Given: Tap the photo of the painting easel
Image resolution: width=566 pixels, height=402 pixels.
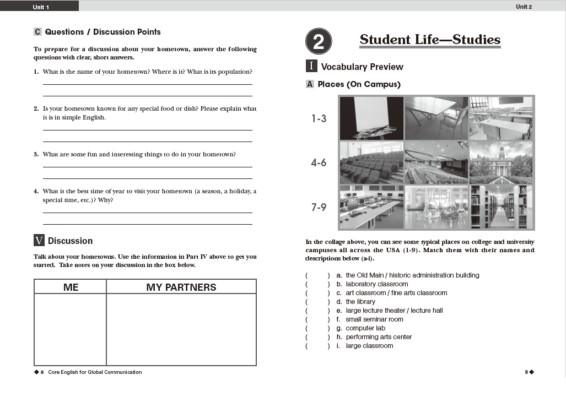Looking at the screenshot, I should pyautogui.click(x=371, y=118).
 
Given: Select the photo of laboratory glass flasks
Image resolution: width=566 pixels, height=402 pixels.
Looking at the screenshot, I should pyautogui.click(x=436, y=207).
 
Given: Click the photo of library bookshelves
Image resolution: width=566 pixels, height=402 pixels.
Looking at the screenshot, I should pyautogui.click(x=501, y=207).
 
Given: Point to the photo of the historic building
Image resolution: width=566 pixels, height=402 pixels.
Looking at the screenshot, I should pyautogui.click(x=501, y=162).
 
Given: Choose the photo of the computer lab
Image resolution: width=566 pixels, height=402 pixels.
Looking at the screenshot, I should pyautogui.click(x=371, y=207).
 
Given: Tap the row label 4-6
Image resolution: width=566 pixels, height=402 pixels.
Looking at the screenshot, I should pyautogui.click(x=319, y=163).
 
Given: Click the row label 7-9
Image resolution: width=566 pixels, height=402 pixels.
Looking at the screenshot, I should pyautogui.click(x=319, y=207).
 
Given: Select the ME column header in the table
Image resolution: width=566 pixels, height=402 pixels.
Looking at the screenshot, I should pyautogui.click(x=71, y=287).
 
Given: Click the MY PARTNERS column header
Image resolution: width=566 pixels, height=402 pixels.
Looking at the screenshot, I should pyautogui.click(x=181, y=287).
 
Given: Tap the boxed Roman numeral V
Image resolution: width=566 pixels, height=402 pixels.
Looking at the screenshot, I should pyautogui.click(x=39, y=241).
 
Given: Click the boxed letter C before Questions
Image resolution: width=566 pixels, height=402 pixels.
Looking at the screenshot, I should pyautogui.click(x=37, y=32).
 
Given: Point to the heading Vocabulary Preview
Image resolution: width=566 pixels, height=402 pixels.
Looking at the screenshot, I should pyautogui.click(x=362, y=67).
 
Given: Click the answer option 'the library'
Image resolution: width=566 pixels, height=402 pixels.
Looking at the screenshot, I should pyautogui.click(x=360, y=302).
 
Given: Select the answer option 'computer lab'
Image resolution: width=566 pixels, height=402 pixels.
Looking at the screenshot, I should pyautogui.click(x=365, y=328).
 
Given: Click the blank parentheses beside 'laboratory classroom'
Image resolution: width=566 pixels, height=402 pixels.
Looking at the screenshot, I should pyautogui.click(x=317, y=284).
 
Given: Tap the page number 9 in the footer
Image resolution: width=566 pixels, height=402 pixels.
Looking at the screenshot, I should pyautogui.click(x=527, y=372).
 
